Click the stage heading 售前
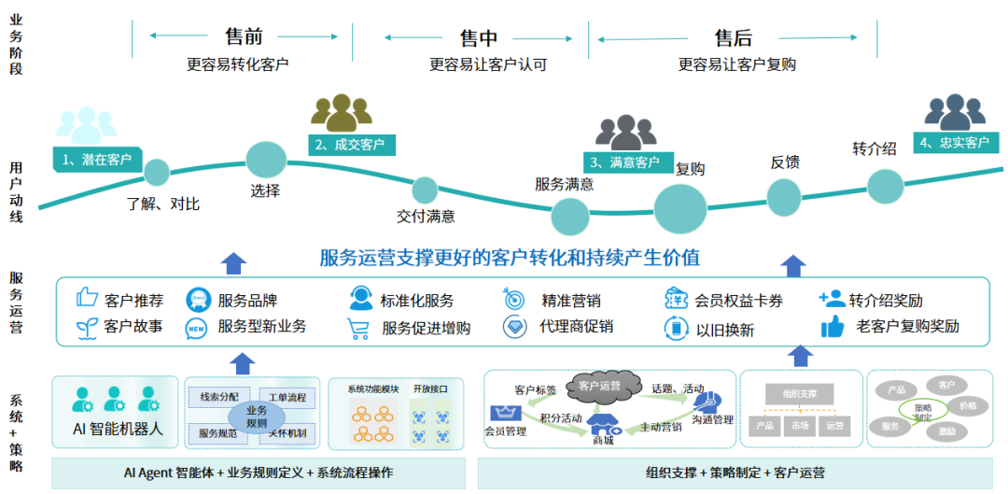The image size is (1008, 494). pos(244,37)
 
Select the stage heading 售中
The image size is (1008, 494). pos(479,38)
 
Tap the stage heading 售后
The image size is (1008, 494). pos(734,38)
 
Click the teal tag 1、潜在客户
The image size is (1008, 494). pos(97,159)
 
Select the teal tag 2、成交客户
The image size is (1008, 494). pos(351,145)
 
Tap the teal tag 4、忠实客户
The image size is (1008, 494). pos(954,143)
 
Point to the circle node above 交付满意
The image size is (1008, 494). pos(425,191)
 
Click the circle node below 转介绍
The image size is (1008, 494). pos(885,184)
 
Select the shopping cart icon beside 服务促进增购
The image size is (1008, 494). pos(359,328)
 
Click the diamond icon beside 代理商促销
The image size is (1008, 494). pos(516,327)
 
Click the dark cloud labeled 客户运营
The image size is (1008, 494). pos(599,384)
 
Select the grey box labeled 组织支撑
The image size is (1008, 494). pos(792,394)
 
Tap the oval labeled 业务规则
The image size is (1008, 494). pos(256,415)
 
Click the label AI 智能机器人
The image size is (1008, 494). pos(118,430)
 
